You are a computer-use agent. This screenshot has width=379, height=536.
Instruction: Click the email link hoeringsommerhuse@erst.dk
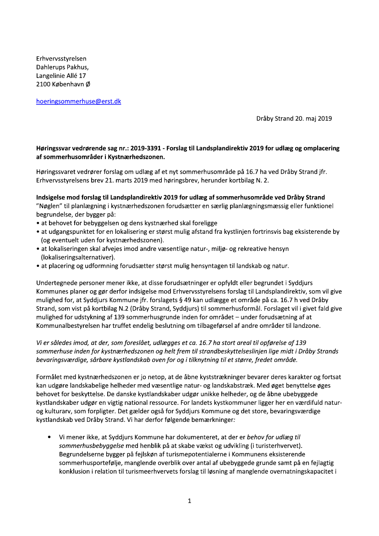point(78,101)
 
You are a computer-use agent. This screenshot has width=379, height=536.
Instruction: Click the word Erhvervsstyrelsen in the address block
point(61,58)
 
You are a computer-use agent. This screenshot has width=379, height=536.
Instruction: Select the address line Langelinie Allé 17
point(61,76)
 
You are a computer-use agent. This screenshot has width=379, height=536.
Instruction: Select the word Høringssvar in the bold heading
point(53,149)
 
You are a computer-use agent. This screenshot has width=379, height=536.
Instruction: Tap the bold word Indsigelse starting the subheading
point(51,197)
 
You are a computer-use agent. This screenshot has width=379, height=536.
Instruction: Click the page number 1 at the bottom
point(189,501)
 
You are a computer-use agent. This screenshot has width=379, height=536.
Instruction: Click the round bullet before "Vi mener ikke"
point(49,437)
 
